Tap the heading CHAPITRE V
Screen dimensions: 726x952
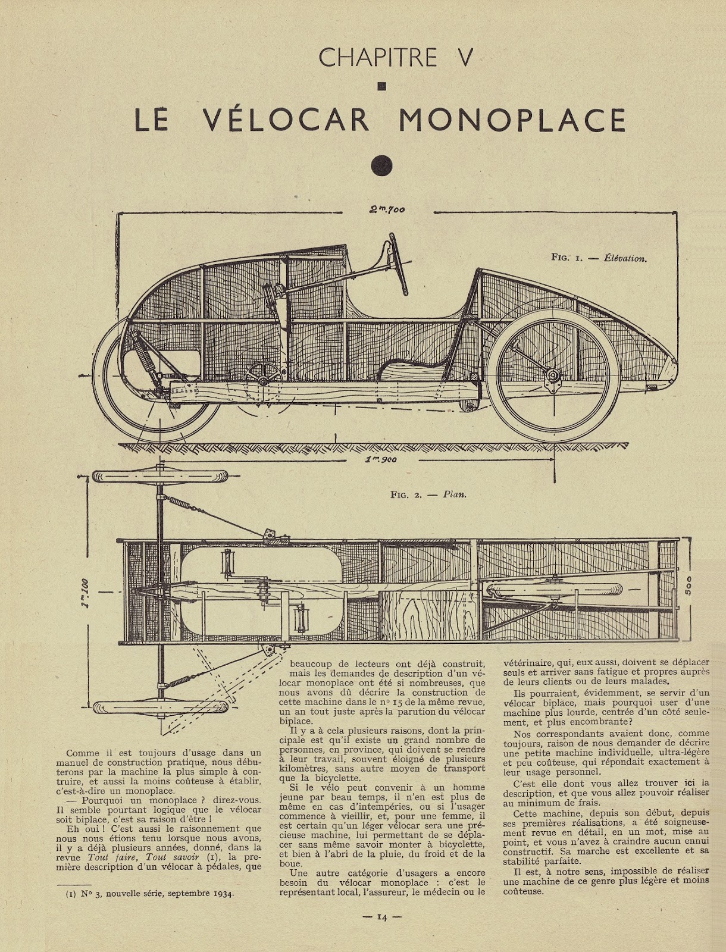pos(396,58)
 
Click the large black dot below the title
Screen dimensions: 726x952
pos(382,165)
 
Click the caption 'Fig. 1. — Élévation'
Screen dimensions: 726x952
pos(599,258)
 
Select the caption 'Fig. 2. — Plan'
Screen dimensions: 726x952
pos(428,494)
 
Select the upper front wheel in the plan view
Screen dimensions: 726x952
pos(160,477)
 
